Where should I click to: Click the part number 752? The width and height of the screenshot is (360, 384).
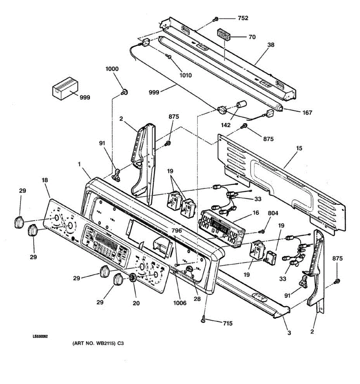[x=243, y=18]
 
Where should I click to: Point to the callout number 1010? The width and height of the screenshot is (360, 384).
[x=186, y=76]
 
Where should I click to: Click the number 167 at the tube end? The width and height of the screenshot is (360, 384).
[x=307, y=113]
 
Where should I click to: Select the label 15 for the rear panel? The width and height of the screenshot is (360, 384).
[x=299, y=148]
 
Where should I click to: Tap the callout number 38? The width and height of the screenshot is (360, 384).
[x=271, y=45]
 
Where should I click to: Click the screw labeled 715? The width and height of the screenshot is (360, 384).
[x=204, y=319]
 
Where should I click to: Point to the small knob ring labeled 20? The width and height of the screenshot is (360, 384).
[x=132, y=277]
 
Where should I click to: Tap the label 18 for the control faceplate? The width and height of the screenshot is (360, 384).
[x=44, y=180]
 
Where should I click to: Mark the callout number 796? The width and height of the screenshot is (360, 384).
[x=176, y=230]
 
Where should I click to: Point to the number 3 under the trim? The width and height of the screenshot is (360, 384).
[x=289, y=333]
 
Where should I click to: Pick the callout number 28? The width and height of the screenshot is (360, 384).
[x=197, y=299]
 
